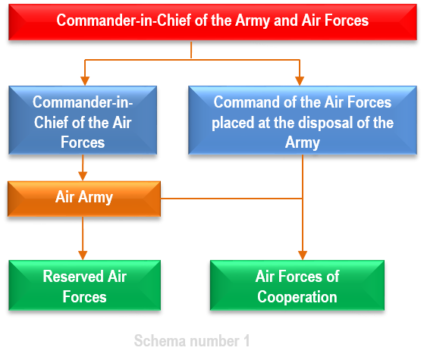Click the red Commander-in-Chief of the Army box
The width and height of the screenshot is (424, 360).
[212, 22]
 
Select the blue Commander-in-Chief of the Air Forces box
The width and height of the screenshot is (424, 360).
[83, 120]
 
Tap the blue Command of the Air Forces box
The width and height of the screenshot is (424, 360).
[303, 120]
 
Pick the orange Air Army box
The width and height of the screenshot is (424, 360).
[84, 199]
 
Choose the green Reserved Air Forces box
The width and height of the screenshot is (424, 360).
[85, 285]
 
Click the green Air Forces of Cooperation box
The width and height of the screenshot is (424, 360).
[297, 285]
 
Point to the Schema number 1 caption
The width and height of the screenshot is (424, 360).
[192, 340]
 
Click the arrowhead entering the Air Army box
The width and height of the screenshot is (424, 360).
[83, 177]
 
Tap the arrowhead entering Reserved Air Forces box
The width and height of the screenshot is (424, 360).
[83, 255]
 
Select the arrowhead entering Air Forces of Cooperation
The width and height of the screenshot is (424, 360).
[303, 255]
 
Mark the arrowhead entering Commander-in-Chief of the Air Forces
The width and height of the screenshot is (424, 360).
[85, 81]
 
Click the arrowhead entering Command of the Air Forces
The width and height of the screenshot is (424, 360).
[300, 81]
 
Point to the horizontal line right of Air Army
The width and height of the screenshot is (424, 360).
[231, 199]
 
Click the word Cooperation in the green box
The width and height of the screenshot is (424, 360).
[297, 297]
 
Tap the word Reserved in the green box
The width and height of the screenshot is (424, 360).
[74, 276]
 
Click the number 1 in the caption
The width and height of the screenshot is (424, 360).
[247, 340]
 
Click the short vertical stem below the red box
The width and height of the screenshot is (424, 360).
[191, 50]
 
